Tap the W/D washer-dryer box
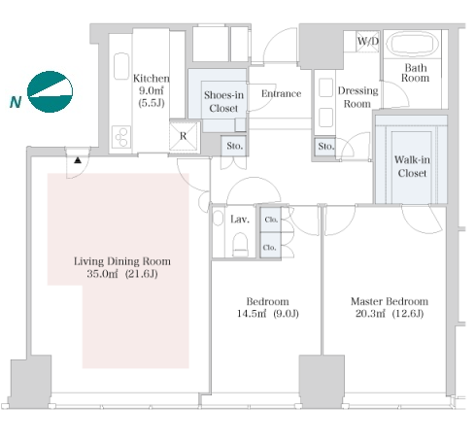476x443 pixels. [x=367, y=42]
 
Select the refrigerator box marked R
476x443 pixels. [x=184, y=136]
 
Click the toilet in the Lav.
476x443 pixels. [x=240, y=244]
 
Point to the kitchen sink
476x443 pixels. [x=121, y=66]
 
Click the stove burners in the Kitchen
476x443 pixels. [x=121, y=137]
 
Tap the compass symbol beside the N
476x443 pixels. [x=50, y=91]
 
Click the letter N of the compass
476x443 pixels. [x=16, y=102]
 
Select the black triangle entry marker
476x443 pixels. [x=78, y=160]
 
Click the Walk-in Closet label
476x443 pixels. [x=412, y=166]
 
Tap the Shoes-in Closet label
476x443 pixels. [x=223, y=101]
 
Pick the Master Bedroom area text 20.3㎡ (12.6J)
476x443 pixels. [x=390, y=314]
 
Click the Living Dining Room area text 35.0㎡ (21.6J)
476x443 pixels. [x=122, y=274]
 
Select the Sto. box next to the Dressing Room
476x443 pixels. [x=324, y=147]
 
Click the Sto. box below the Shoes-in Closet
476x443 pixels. [x=234, y=146]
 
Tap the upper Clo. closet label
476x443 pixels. [x=271, y=220]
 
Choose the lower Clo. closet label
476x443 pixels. [x=269, y=248]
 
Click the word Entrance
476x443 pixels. [x=281, y=93]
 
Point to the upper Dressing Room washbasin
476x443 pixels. [x=325, y=87]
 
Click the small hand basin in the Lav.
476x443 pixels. [x=218, y=218]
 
